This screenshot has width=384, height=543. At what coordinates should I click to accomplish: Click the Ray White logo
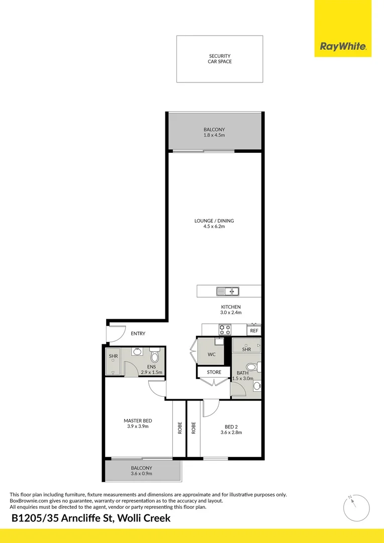343,47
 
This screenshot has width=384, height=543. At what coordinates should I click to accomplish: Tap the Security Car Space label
220,59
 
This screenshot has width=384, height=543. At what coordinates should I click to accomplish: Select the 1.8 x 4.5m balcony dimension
214,135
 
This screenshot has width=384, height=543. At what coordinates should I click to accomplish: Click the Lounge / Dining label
214,221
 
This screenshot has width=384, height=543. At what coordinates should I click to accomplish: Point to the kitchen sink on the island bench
228,291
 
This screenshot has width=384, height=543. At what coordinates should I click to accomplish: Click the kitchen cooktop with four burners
225,330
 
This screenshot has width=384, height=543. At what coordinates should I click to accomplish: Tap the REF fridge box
254,331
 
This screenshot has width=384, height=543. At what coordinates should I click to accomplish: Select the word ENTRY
138,333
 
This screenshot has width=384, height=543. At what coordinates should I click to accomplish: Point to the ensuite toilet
155,356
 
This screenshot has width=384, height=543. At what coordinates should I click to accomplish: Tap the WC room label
211,354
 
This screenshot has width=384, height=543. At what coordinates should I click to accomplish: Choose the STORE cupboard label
214,373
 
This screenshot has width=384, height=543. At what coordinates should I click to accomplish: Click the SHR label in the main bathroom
246,349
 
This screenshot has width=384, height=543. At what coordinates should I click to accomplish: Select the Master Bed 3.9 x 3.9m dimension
138,426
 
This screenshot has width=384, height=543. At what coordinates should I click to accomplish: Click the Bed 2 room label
231,426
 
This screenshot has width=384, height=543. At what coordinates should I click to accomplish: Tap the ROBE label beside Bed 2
194,428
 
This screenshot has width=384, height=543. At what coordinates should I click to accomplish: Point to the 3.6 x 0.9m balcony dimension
141,474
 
